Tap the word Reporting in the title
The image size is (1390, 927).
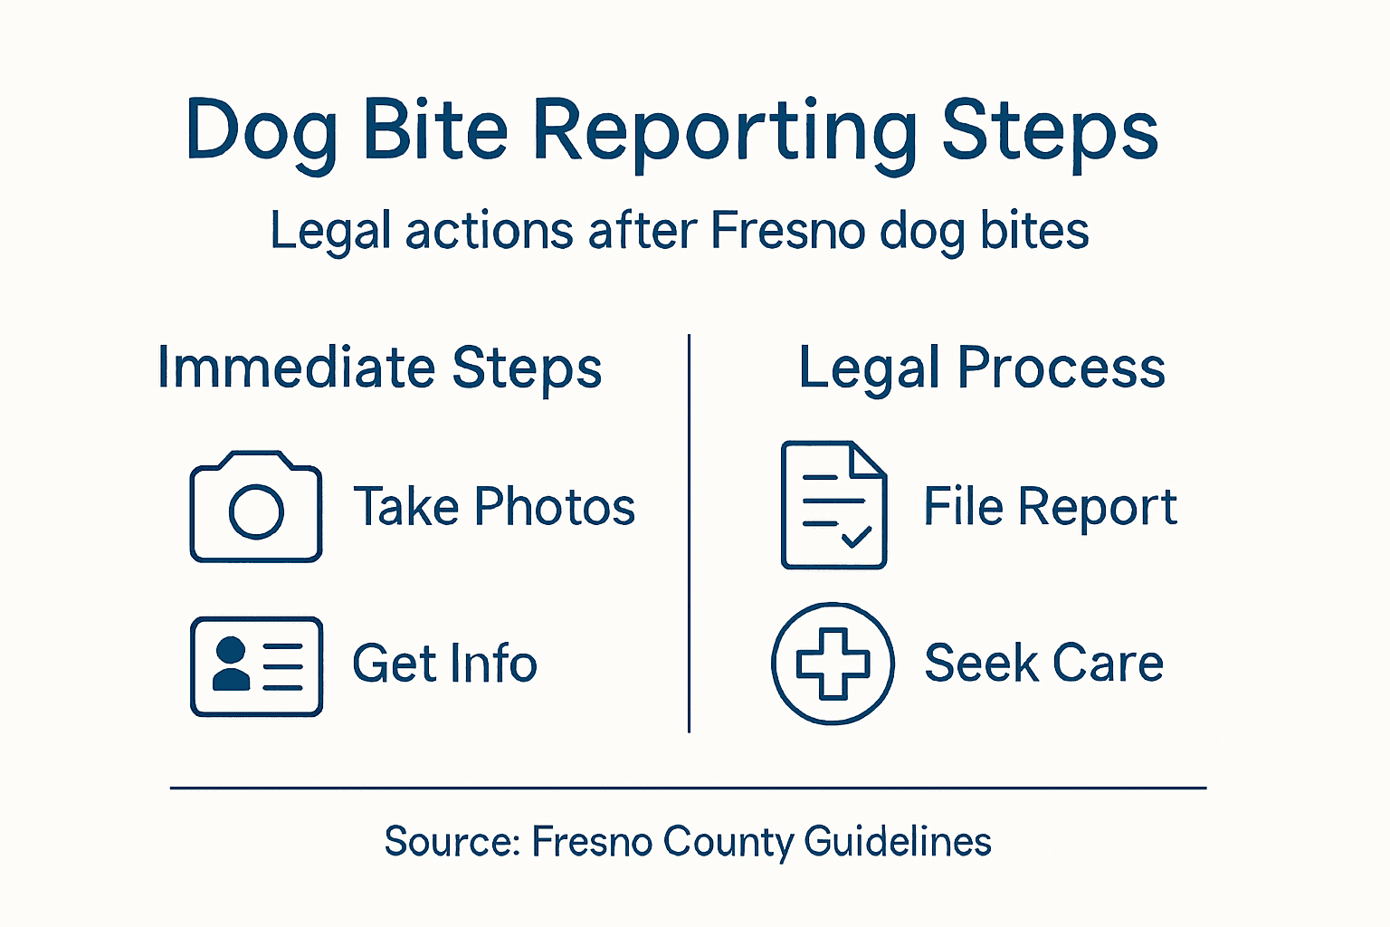pyautogui.click(x=724, y=132)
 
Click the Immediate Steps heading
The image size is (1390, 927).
pyautogui.click(x=379, y=368)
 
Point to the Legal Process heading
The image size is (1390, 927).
pyautogui.click(x=982, y=368)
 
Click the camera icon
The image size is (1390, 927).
pyautogui.click(x=256, y=507)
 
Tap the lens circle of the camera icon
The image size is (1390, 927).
pyautogui.click(x=257, y=511)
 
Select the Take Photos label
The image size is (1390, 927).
pyautogui.click(x=494, y=506)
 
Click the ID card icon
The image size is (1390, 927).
pyautogui.click(x=256, y=666)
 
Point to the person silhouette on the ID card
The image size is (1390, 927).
pyautogui.click(x=231, y=664)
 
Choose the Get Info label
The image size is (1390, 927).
pyautogui.click(x=444, y=664)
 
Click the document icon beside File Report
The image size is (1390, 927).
pyautogui.click(x=833, y=504)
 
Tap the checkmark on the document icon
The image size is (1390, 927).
pyautogui.click(x=856, y=537)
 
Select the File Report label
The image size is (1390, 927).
pyautogui.click(x=1050, y=506)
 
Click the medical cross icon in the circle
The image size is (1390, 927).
pyautogui.click(x=833, y=664)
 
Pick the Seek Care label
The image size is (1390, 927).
pyautogui.click(x=1043, y=664)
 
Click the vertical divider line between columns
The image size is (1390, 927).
pyautogui.click(x=690, y=534)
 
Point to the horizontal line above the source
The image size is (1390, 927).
pyautogui.click(x=688, y=788)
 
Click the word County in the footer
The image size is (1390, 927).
pyautogui.click(x=728, y=842)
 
